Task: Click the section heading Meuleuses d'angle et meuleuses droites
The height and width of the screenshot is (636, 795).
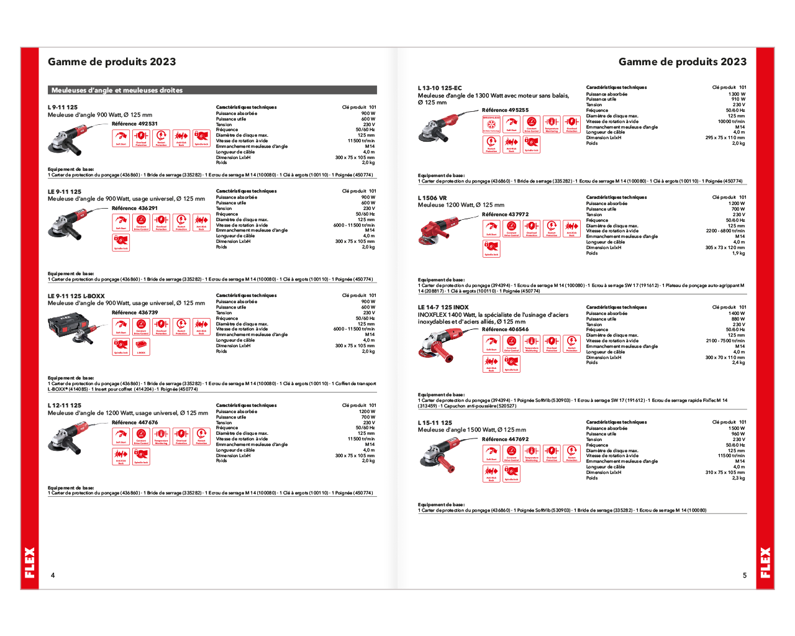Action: pos(117,90)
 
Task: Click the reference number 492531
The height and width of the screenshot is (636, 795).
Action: pos(148,124)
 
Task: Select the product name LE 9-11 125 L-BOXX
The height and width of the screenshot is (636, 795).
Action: pos(76,296)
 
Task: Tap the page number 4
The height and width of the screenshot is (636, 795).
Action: pos(53,575)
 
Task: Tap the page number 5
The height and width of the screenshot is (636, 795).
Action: pos(745,575)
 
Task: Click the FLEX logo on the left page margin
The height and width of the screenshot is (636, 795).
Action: pos(30,562)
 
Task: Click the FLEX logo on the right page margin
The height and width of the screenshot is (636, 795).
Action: pos(765,562)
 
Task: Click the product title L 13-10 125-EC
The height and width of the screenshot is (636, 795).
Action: pos(440,88)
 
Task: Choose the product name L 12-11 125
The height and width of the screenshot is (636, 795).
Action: pos(65,406)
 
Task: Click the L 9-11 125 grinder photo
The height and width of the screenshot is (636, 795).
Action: pos(68,140)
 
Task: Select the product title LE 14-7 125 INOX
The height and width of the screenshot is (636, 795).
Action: pos(443,307)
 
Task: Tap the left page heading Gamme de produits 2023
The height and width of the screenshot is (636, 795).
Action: pos(112,61)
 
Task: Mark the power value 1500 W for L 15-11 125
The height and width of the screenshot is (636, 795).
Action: pos(737,428)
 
